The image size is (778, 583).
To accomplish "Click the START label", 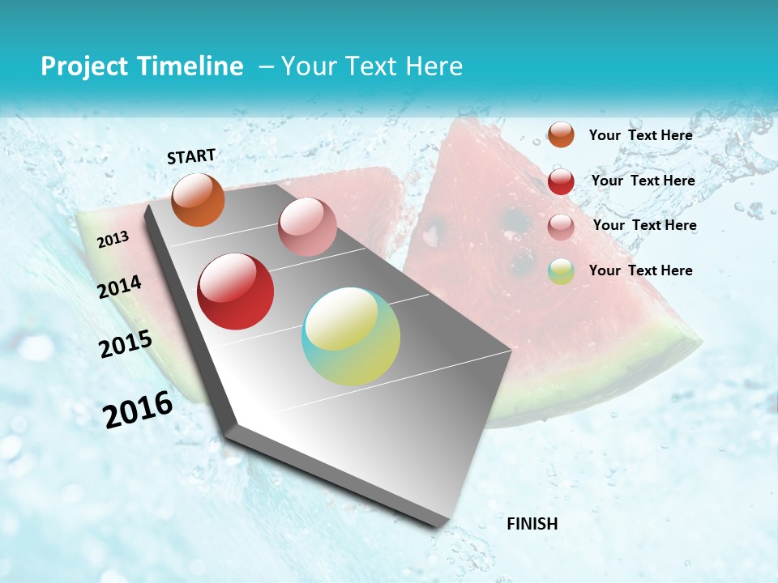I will click(191, 156).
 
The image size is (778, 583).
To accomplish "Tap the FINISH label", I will click(532, 523).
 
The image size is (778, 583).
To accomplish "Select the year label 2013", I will click(113, 239).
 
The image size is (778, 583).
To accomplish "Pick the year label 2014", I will click(120, 287).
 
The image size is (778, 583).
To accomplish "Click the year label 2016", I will click(138, 409).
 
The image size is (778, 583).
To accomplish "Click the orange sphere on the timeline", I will click(199, 200).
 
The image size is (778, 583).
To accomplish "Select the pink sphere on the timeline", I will click(307, 227).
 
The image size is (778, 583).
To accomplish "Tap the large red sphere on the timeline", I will click(236, 291).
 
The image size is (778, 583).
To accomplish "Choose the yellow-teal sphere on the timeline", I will click(351, 336).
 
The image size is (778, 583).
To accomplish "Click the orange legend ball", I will click(561, 134).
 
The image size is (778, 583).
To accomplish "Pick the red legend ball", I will click(561, 181).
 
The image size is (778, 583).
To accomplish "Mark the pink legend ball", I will click(561, 227).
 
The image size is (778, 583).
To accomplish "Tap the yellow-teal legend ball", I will click(561, 271).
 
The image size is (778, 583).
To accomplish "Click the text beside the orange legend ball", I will click(640, 135).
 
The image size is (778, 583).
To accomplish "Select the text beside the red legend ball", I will click(643, 181).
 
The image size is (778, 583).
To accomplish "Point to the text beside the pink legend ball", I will click(644, 225).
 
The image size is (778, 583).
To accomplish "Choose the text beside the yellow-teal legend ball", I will click(640, 270).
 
